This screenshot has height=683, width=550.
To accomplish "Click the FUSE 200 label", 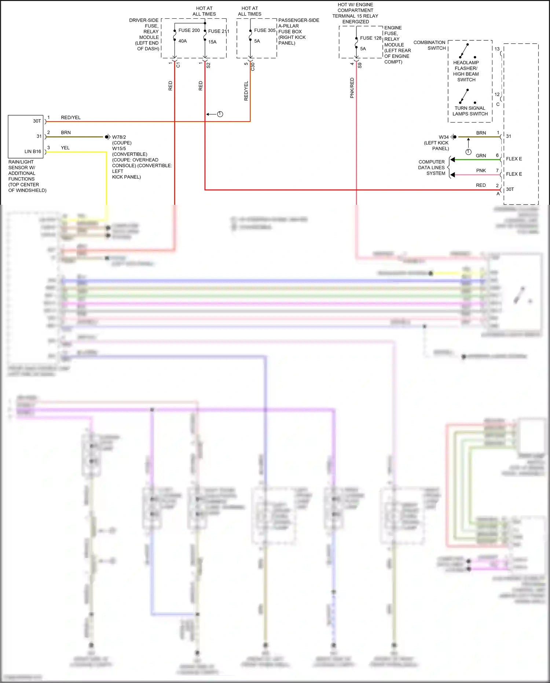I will coord(189,30).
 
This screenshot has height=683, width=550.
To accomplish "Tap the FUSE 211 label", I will coord(218,31).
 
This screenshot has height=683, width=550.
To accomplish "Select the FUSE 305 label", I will coord(264,30).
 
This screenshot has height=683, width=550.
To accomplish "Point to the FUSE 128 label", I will coord(370,38).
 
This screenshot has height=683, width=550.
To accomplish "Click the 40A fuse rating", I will coord(183,41).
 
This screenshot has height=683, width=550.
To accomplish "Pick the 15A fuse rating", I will coord(212,42).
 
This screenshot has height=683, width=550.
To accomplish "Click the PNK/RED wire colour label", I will coord(352,88).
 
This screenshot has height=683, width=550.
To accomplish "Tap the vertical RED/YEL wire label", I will coord(246,91).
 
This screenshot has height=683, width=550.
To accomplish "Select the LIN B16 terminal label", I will coord(33,152).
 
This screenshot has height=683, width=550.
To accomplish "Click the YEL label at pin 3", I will coord(65,148).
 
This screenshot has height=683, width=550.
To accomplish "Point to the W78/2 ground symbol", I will coord(107,137).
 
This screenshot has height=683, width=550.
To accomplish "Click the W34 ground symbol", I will coord(454,137).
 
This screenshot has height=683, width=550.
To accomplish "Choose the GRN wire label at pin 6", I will coord(481,156).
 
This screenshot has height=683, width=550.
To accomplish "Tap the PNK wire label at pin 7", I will coord(481,171).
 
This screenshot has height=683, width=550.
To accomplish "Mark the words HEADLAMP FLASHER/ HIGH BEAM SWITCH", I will coord(466,71).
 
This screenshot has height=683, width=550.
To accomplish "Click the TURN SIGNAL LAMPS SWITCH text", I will coord(470,111).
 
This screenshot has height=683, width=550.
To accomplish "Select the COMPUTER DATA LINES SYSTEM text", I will coord(432,167).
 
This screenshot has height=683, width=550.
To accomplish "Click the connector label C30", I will coord(253,66).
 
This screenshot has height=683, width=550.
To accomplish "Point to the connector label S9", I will coord(360,65).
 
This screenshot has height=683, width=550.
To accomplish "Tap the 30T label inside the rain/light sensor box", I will coord(37,121).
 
